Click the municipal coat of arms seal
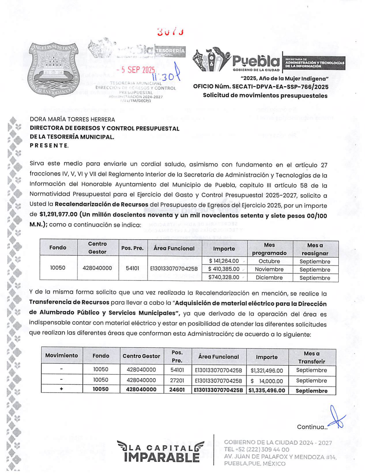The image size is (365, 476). pos(53,70)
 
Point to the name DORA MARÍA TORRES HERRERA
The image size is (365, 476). pos(72,119)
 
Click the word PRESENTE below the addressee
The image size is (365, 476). pos(49,146)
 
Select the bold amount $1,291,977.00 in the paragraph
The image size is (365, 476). pos(58,214)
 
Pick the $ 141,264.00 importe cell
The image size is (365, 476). pos(224,261)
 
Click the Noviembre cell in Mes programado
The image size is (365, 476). pos(269,269)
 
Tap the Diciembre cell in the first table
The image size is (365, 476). pos(269,278)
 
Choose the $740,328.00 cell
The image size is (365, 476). pos(224,277)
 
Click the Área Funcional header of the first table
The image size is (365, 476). pos(174,248)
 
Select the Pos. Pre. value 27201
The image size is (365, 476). pos(177,380)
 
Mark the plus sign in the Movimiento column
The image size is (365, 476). pos(61,389)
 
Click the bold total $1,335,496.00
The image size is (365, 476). pos(267,390)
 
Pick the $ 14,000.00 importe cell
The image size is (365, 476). pos(267,381)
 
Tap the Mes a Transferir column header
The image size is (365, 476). pos(311,357)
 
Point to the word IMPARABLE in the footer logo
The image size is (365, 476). pos(162,457)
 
